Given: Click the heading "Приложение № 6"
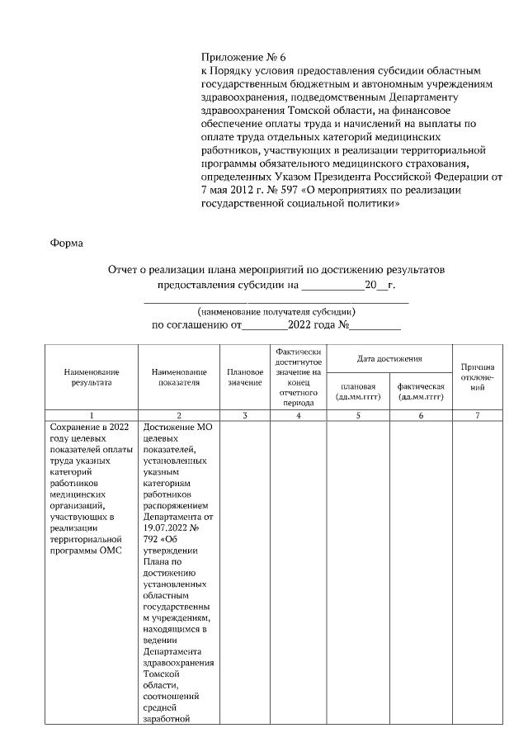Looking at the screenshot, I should (243, 57).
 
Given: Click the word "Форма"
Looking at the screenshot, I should (66, 243).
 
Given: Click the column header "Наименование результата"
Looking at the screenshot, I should (91, 378).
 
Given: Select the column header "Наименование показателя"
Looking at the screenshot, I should (178, 378).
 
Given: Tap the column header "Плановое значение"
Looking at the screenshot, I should (244, 378).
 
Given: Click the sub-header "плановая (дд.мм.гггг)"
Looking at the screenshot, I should (358, 391).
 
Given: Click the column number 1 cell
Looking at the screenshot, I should (91, 415).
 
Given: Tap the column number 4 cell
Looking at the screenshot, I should (298, 415).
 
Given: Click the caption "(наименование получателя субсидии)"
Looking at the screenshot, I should (276, 313).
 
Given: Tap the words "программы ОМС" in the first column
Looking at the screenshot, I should (86, 551).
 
